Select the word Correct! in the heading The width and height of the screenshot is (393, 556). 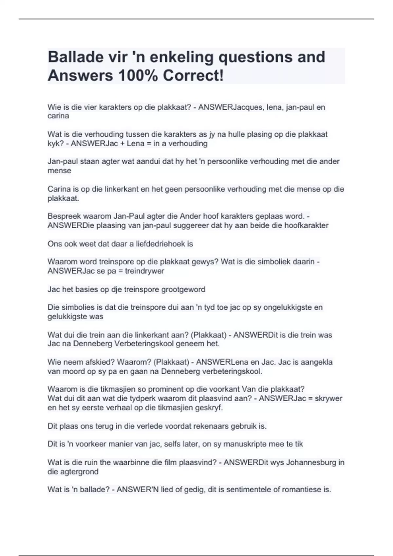click(x=193, y=76)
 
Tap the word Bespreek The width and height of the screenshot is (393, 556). click(x=63, y=217)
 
